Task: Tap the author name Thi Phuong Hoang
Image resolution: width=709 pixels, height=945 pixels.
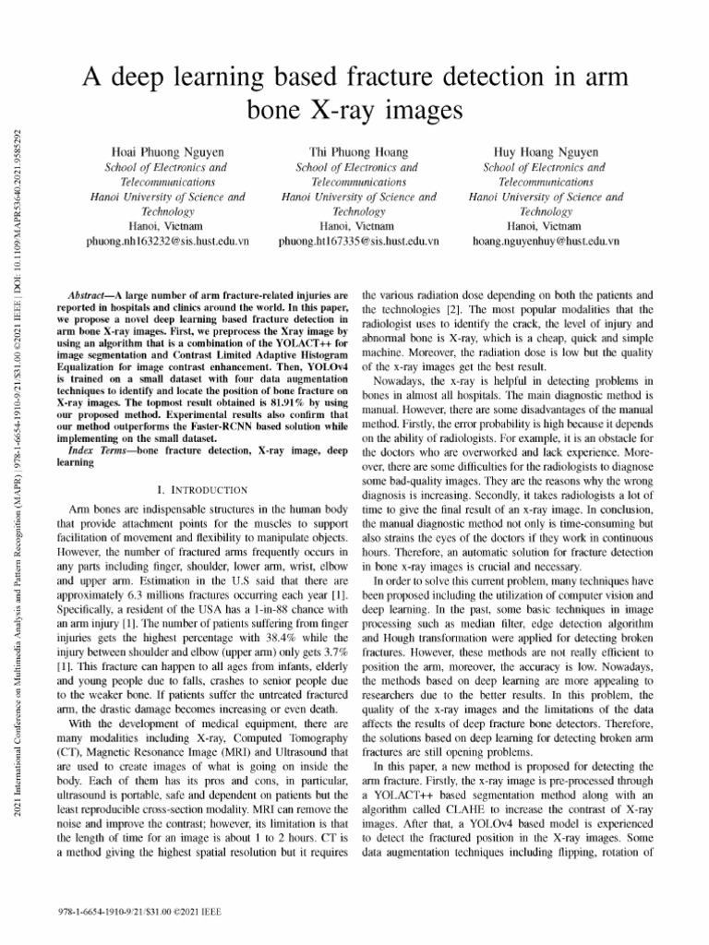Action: pyautogui.click(x=357, y=150)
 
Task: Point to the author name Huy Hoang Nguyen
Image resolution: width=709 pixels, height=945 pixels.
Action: pyautogui.click(x=546, y=150)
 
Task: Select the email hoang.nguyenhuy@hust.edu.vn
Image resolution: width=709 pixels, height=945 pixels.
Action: pyautogui.click(x=546, y=241)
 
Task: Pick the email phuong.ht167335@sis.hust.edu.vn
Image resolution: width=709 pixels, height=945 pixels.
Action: pyautogui.click(x=357, y=241)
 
